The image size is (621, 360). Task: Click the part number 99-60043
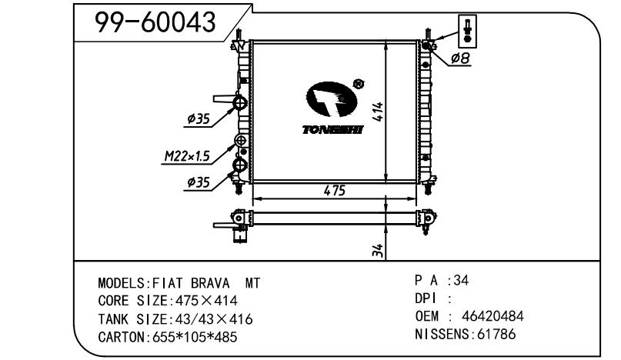tap(155, 22)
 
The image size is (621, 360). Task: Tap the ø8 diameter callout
tap(460, 58)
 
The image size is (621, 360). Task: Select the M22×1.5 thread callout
tap(187, 156)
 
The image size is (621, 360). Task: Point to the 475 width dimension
tap(334, 191)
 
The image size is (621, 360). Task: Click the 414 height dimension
tap(379, 112)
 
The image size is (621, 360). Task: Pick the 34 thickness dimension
tap(379, 250)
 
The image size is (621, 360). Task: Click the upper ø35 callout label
tap(199, 118)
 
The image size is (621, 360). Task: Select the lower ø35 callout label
tap(199, 182)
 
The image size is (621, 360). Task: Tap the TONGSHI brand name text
tap(332, 129)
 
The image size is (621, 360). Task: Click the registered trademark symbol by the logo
tap(358, 84)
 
